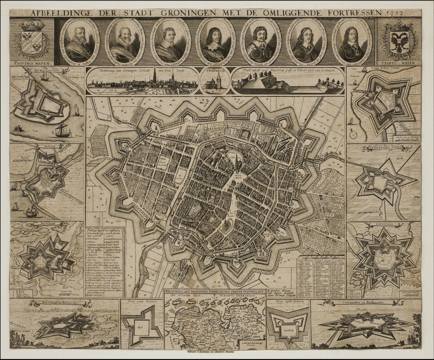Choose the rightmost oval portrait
click(352, 41)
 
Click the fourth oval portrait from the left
click(215, 41)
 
